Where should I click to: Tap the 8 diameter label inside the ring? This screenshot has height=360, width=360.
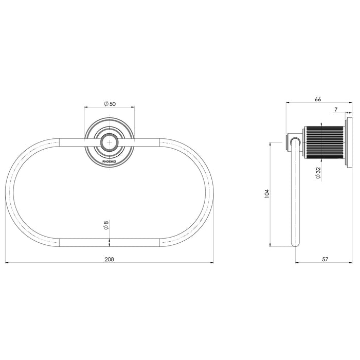[x=106, y=225]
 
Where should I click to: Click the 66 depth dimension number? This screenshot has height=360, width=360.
[x=317, y=99]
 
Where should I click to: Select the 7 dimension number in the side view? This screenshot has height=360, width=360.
[x=335, y=110]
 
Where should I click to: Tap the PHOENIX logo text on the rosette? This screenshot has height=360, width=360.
[x=110, y=160]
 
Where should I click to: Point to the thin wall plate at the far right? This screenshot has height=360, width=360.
[x=350, y=143]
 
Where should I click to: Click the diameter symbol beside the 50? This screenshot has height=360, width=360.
[x=105, y=103]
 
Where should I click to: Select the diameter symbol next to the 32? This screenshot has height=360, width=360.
[x=318, y=177]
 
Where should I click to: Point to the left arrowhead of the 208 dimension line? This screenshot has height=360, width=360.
[x=7, y=263]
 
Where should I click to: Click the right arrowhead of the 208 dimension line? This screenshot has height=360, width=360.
[x=211, y=263]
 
